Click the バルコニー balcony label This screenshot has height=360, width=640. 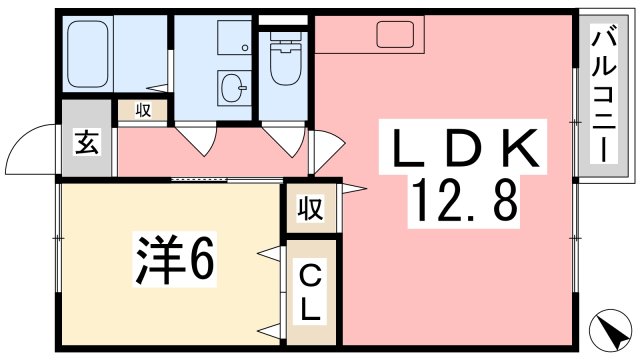[x=602, y=96]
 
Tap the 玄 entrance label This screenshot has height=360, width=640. [x=85, y=142]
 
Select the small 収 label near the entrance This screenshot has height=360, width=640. [x=143, y=111]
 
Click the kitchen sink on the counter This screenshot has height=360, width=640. [x=399, y=35]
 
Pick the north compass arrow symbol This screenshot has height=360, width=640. [x=615, y=328]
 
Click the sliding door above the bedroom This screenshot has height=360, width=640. [x=215, y=180]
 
